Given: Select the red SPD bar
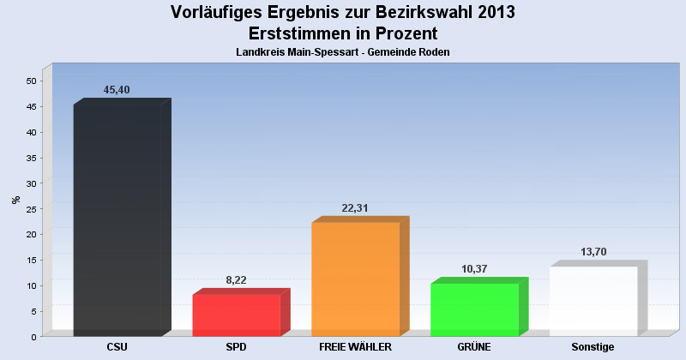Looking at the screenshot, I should (x=237, y=315).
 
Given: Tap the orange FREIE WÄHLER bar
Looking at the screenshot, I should (x=356, y=279).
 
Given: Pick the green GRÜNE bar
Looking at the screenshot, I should (x=474, y=309).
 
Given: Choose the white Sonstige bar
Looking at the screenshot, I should (x=593, y=301).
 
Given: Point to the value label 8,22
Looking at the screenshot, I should (x=237, y=279).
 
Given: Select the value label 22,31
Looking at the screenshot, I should (x=356, y=207).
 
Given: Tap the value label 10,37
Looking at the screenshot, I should (x=474, y=268).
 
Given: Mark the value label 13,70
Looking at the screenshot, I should (x=593, y=252).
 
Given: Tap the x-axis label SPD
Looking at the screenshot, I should (x=236, y=347).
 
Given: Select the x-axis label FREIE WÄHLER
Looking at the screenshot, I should (x=355, y=347).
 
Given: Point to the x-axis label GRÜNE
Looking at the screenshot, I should (x=474, y=347).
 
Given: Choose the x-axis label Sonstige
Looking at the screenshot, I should (x=593, y=347).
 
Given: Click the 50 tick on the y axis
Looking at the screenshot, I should (x=31, y=81).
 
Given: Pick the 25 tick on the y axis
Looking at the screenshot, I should (x=31, y=209).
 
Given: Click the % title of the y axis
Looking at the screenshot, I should (x=15, y=200).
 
